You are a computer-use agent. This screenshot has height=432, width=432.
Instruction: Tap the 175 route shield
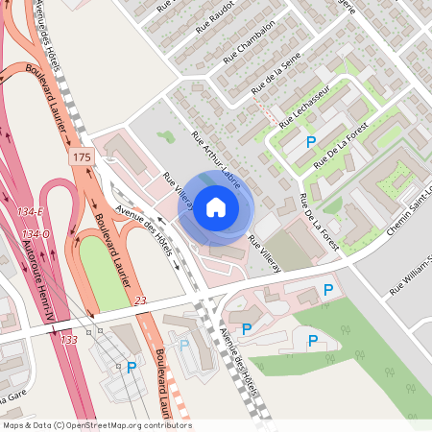[x=80, y=155]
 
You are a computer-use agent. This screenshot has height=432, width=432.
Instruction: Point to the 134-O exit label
[x=36, y=234]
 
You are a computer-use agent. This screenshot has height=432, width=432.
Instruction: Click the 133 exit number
[x=69, y=340]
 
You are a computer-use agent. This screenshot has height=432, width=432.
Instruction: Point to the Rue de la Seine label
[x=271, y=76]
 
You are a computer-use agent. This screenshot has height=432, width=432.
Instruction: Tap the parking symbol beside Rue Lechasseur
[x=310, y=142]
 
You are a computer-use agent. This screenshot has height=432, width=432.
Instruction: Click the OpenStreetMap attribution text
[x=96, y=424]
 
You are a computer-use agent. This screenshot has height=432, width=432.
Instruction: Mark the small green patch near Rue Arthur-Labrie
[x=167, y=137]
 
